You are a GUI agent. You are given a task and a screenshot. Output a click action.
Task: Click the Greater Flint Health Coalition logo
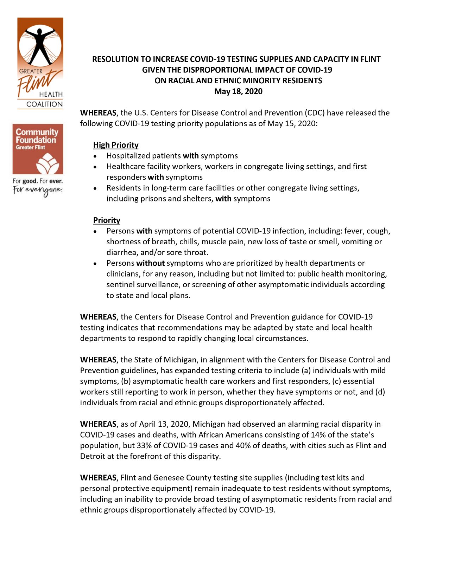coord(40,63)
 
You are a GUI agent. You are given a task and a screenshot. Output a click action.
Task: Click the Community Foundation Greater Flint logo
coord(38,149)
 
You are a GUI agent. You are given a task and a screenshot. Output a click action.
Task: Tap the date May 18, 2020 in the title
coord(238,91)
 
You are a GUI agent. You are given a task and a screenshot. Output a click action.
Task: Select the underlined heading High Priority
coord(116,145)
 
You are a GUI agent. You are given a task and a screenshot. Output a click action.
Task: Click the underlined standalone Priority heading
coord(107,220)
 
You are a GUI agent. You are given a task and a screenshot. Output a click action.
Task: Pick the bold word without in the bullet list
coord(150,263)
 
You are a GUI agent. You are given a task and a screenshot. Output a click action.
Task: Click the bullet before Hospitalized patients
coord(95,156)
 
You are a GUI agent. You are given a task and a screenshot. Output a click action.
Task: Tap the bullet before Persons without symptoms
coord(95,264)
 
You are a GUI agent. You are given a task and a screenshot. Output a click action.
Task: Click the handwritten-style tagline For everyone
coord(38,191)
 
